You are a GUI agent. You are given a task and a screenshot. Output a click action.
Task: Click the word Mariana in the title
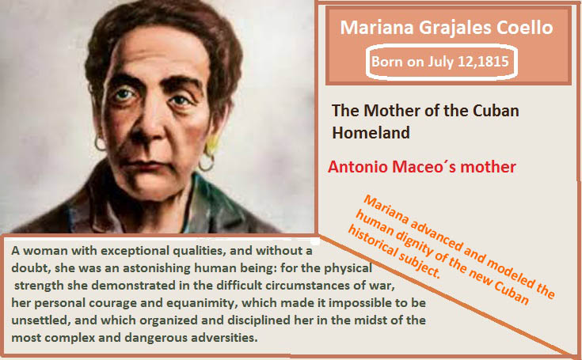[377, 28]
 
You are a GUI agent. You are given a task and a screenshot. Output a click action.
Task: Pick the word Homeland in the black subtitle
[371, 132]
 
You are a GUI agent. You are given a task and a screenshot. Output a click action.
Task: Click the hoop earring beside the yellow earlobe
[207, 163]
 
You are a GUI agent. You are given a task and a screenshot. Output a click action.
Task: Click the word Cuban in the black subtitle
[496, 111]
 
